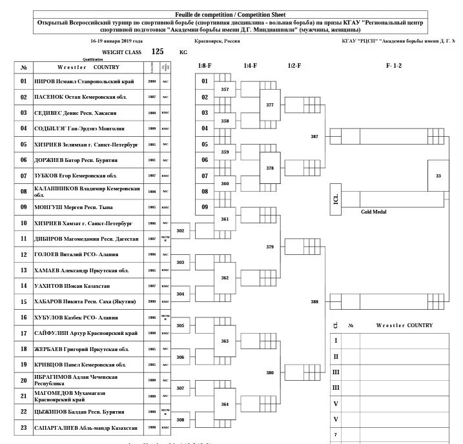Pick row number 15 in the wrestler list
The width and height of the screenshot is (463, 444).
coord(23,301)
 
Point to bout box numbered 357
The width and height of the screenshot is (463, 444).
coord(225,90)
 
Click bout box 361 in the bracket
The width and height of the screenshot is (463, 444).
coord(225,219)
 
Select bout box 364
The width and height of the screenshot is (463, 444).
coord(225,404)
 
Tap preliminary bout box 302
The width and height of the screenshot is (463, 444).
coord(181,230)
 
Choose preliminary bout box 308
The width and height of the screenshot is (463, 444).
coord(181,419)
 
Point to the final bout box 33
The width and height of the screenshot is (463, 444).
coord(438,176)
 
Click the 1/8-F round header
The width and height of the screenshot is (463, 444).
coord(205,66)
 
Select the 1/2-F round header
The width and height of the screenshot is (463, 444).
coord(294,66)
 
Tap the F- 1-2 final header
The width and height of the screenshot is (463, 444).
coord(394,66)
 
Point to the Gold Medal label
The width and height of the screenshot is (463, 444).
coord(374,212)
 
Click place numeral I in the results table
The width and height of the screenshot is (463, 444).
coord(335,341)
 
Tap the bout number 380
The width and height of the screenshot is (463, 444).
coord(270,372)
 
